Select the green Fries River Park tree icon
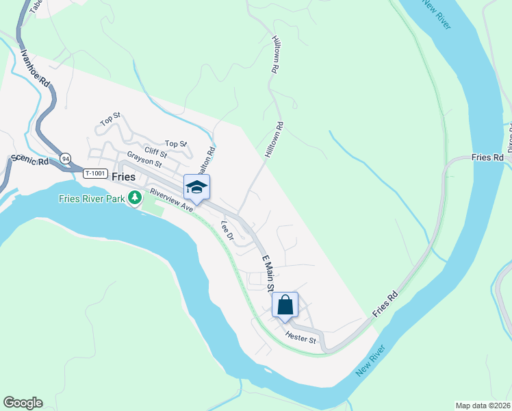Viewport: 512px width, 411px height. [x=136, y=199]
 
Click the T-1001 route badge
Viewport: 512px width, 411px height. [x=95, y=174]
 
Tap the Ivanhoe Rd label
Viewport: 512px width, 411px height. [x=36, y=71]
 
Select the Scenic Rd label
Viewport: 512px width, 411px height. [x=28, y=162]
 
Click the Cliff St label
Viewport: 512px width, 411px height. [x=155, y=151]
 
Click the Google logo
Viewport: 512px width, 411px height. [x=23, y=403]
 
